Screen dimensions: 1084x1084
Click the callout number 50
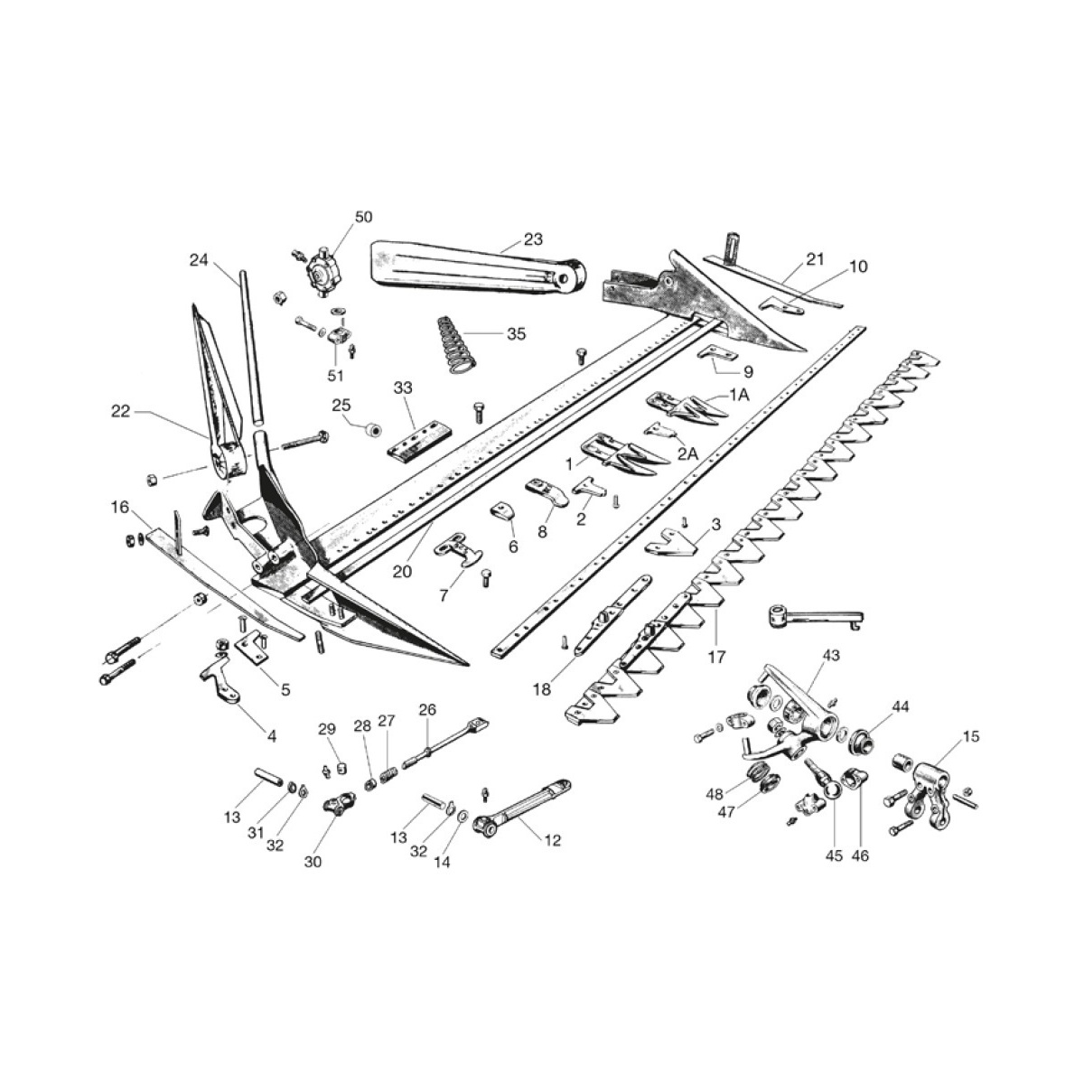coord(362,217)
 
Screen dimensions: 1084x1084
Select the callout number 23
coord(533,240)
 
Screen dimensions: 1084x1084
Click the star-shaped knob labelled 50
coord(319,268)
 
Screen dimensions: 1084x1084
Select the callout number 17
coord(715,657)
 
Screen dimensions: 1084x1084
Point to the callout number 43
coord(830,654)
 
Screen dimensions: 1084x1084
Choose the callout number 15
coord(970,737)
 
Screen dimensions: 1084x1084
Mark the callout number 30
coord(313,862)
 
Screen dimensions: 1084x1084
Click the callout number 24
coord(199,260)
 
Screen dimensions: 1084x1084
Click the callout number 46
coord(860,855)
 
